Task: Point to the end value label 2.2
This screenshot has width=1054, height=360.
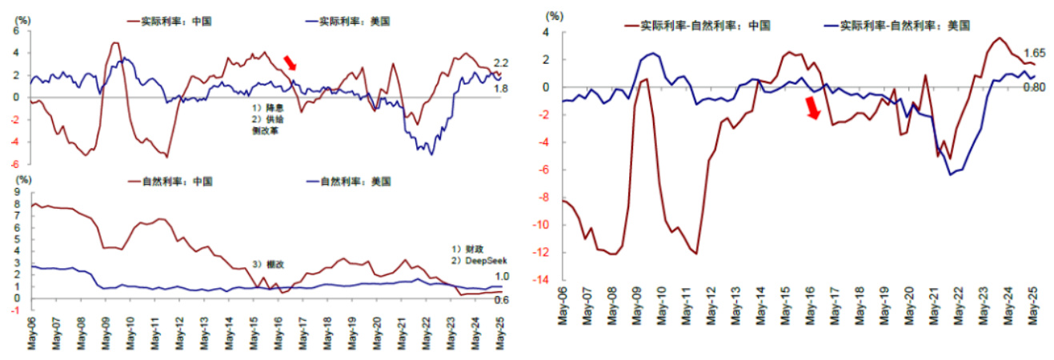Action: pos(501,63)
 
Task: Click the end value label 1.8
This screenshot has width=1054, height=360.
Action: pos(501,89)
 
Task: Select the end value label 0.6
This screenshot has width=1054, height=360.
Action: pos(501,301)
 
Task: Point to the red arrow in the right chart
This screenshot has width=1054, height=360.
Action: pos(813,107)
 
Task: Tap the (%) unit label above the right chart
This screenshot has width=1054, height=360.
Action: pos(554,15)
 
